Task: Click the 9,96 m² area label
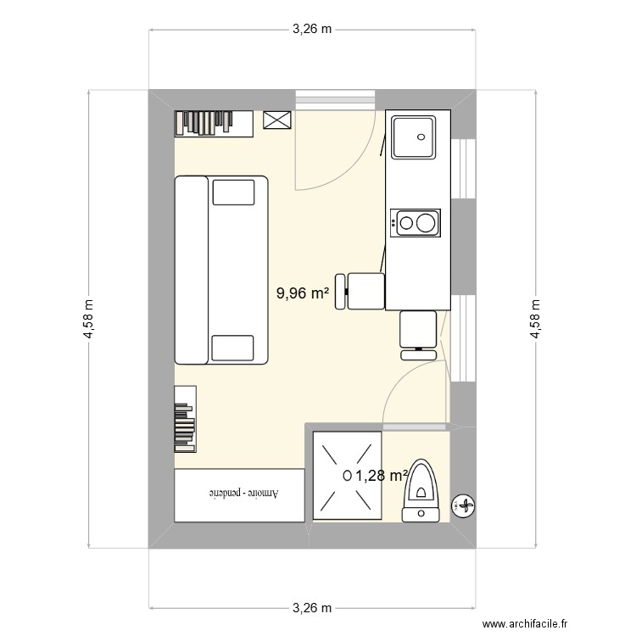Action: pyautogui.click(x=303, y=293)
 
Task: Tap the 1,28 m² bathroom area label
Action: pyautogui.click(x=382, y=476)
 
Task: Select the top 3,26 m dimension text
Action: pyautogui.click(x=312, y=29)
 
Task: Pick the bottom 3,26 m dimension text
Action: pyautogui.click(x=312, y=608)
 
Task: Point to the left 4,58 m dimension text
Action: pyautogui.click(x=88, y=319)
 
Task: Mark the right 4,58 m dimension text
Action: pyautogui.click(x=535, y=319)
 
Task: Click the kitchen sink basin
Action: pyautogui.click(x=413, y=137)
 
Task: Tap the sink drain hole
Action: pyautogui.click(x=421, y=137)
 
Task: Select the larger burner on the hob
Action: pyautogui.click(x=426, y=223)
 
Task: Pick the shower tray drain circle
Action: pyautogui.click(x=347, y=476)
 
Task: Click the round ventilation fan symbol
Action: pyautogui.click(x=463, y=505)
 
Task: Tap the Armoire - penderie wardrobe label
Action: pyautogui.click(x=243, y=494)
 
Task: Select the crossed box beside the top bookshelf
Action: pyautogui.click(x=277, y=120)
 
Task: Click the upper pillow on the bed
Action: pyautogui.click(x=234, y=192)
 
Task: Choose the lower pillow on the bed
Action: pyautogui.click(x=233, y=348)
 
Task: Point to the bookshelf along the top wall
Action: pyautogui.click(x=214, y=124)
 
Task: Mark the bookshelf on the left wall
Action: pyautogui.click(x=186, y=419)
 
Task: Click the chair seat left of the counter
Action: pyautogui.click(x=365, y=291)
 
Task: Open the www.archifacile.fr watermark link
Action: pyautogui.click(x=524, y=623)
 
